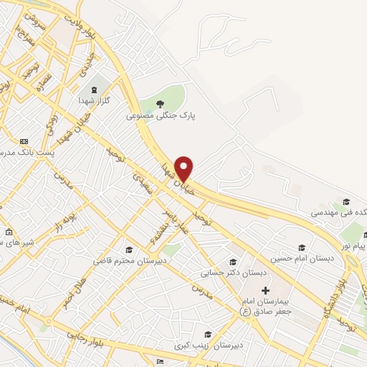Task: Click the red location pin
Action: (184, 168)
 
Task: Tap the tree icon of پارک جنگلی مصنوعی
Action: (160, 104)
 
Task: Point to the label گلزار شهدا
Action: (94, 102)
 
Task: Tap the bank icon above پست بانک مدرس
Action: (24, 141)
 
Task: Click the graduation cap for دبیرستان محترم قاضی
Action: (129, 249)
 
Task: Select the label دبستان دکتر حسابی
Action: (237, 273)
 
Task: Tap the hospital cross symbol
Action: (265, 290)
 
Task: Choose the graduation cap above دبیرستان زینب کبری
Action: (207, 334)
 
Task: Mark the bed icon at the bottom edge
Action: (159, 361)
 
